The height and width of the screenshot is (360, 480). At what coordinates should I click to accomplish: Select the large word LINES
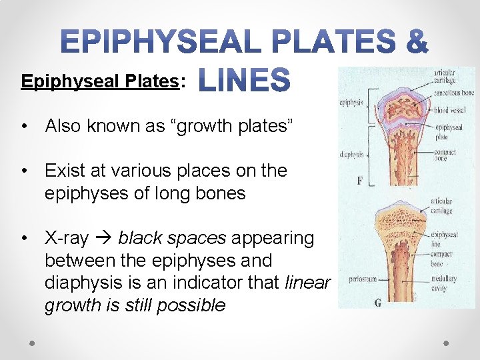coord(245,81)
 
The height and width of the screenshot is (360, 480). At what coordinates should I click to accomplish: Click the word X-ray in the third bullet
coord(66,238)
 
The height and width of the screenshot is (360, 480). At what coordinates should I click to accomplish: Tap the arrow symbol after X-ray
coord(103,238)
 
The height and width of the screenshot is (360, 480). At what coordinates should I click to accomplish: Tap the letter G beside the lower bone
coord(378,303)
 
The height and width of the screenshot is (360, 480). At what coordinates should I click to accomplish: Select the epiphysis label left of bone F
coord(351,103)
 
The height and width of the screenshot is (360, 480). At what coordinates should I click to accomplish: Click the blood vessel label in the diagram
coord(450,110)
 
